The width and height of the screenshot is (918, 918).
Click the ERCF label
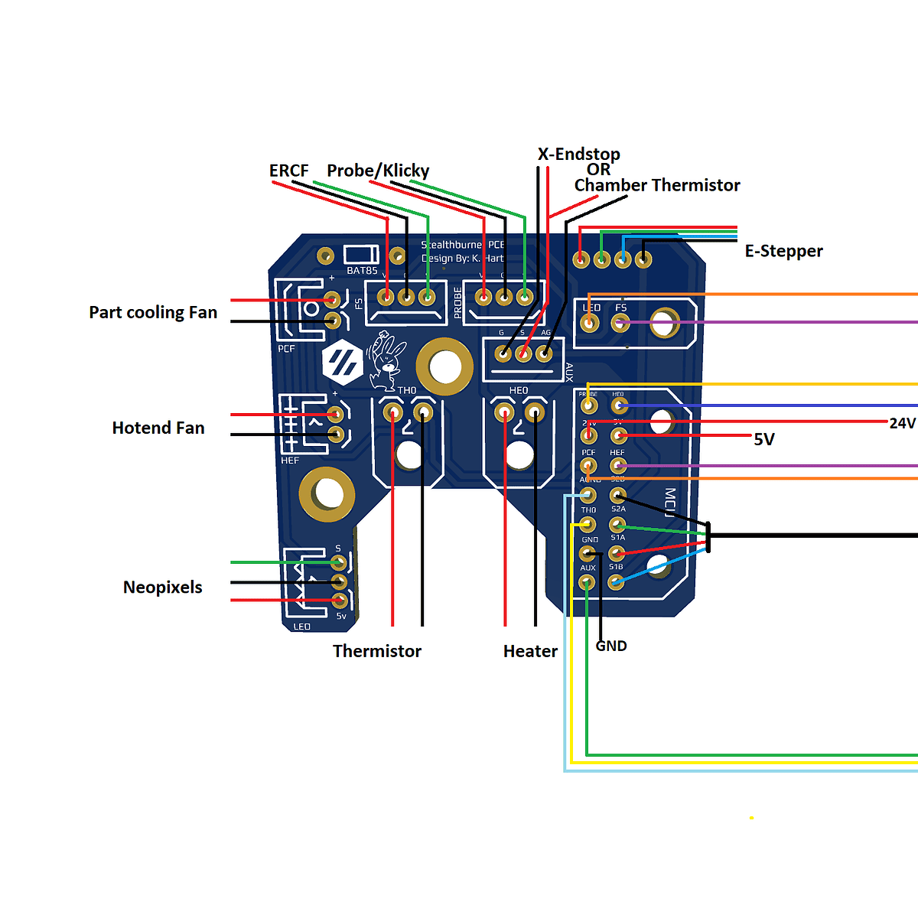289,171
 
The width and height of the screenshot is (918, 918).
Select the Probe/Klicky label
378,171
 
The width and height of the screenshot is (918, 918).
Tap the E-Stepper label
783,251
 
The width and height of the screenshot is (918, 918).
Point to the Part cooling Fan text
153,312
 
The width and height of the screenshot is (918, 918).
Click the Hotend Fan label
158,428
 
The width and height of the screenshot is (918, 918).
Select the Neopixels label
163,588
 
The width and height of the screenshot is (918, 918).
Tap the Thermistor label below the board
377,651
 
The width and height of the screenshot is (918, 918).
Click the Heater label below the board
530,651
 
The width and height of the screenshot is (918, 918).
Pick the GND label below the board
611,646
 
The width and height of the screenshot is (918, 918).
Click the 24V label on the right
902,423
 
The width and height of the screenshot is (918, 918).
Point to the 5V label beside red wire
764,439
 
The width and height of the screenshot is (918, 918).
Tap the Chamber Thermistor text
657,185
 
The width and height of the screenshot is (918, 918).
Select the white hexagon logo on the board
342,363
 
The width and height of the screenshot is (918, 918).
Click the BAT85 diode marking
362,270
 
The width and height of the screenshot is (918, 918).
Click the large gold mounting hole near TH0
444,366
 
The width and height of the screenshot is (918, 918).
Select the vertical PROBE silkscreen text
458,302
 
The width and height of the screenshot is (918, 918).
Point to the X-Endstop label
579,154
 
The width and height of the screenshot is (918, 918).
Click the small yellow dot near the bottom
752,818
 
